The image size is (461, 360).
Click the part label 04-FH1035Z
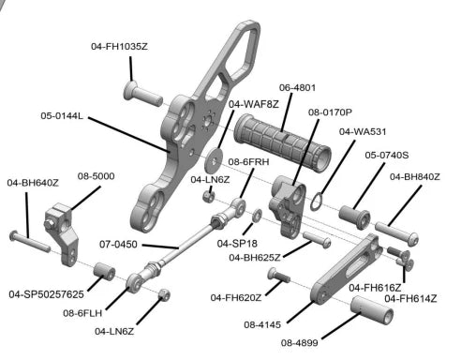coord(119,47)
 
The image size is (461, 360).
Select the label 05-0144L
coord(62,116)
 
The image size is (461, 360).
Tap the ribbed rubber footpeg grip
coord(282,142)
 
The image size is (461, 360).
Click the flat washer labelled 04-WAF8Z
coord(214,160)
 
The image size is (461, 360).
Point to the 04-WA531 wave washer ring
coord(317,202)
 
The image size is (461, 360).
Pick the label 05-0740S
coord(387,155)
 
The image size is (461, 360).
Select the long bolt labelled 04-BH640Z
coord(30,242)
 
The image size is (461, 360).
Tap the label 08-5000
coord(96,176)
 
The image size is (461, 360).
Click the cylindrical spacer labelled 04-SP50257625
coord(104,271)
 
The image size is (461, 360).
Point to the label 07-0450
coord(118,244)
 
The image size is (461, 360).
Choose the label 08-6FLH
coord(82,313)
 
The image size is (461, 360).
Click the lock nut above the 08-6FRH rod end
coord(208,196)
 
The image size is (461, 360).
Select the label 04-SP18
coord(237,244)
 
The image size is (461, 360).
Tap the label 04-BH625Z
coord(255,258)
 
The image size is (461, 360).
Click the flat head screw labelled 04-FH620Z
coord(278,276)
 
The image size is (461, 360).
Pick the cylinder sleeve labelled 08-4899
coord(371,310)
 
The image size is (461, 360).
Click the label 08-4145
coord(262,325)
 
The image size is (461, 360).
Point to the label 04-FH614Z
coord(410,299)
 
